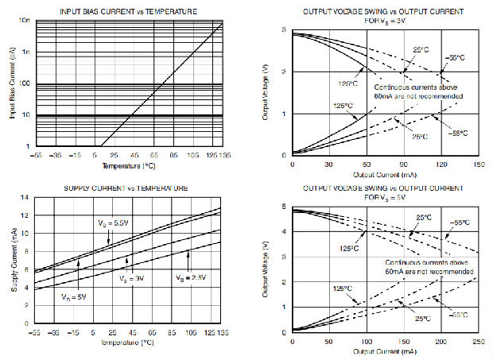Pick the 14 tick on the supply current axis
[x=26, y=197]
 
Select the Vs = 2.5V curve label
[x=192, y=277]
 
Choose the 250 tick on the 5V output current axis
[x=479, y=342]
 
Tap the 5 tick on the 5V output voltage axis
[x=285, y=207]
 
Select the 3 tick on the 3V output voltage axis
[x=285, y=29]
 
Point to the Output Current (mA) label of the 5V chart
[x=386, y=350]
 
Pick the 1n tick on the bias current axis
[x=25, y=52]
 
